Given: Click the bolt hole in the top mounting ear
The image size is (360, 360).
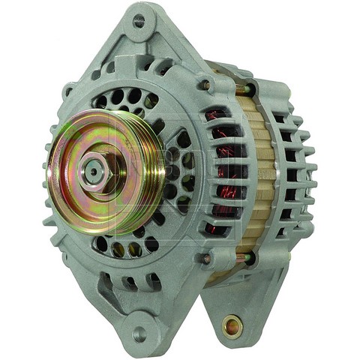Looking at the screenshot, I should click(139, 20).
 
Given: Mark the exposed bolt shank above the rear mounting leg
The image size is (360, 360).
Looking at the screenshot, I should click(241, 258).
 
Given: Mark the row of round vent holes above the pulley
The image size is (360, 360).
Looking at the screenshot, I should click(124, 97).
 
